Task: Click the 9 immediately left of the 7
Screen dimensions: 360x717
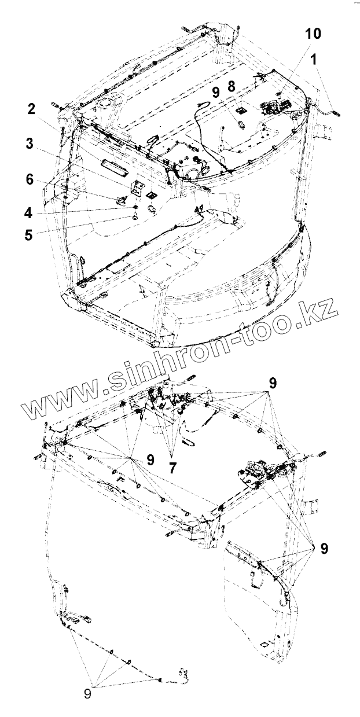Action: (x=150, y=460)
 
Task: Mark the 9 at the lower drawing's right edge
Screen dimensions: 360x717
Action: (x=325, y=547)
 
